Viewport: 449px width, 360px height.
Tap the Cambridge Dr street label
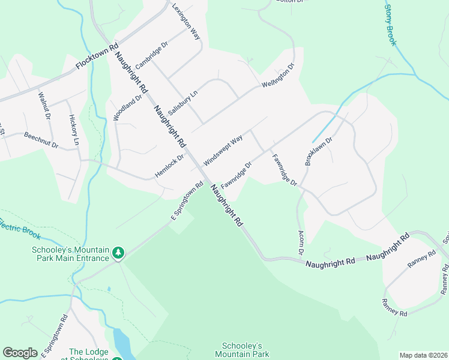coord(152,55)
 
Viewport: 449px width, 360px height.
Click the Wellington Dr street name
coord(278,76)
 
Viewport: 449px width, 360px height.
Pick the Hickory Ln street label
coord(74,130)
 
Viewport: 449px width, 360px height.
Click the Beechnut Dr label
coord(41,140)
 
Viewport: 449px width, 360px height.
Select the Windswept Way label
coord(223,151)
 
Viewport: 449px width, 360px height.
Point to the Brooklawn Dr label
coord(318,151)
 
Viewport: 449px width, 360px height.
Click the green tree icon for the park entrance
coord(119,254)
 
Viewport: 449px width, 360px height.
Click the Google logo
coord(20,353)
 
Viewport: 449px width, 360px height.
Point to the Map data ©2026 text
coord(423,355)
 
